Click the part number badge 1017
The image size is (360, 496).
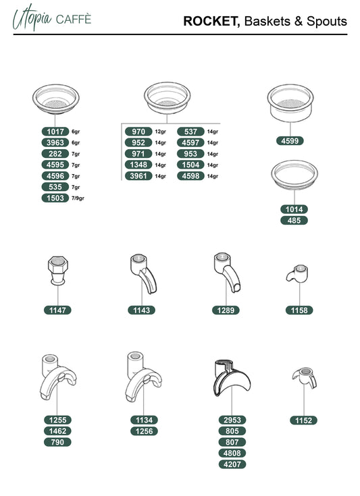pos(55,132)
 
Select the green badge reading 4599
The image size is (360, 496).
pos(290,141)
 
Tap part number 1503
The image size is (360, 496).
pos(55,198)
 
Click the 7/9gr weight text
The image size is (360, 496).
pos(78,198)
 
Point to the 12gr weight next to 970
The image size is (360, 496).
pos(160,132)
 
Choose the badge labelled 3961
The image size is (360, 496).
pos(138,176)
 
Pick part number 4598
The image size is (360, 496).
pos(190,176)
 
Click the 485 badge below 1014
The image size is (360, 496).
pos(294,221)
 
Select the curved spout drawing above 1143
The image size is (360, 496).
pos(143,273)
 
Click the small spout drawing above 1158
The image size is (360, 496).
pos(297,273)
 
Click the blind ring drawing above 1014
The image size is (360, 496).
pos(294,175)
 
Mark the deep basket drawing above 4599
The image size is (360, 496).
pos(290,102)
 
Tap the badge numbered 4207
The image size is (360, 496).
pos(232,464)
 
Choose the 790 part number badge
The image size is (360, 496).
pos(57,442)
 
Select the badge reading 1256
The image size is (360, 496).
pos(144,431)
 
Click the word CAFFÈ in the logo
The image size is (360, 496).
pos(74,20)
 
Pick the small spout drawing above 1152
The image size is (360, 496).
pos(304,377)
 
